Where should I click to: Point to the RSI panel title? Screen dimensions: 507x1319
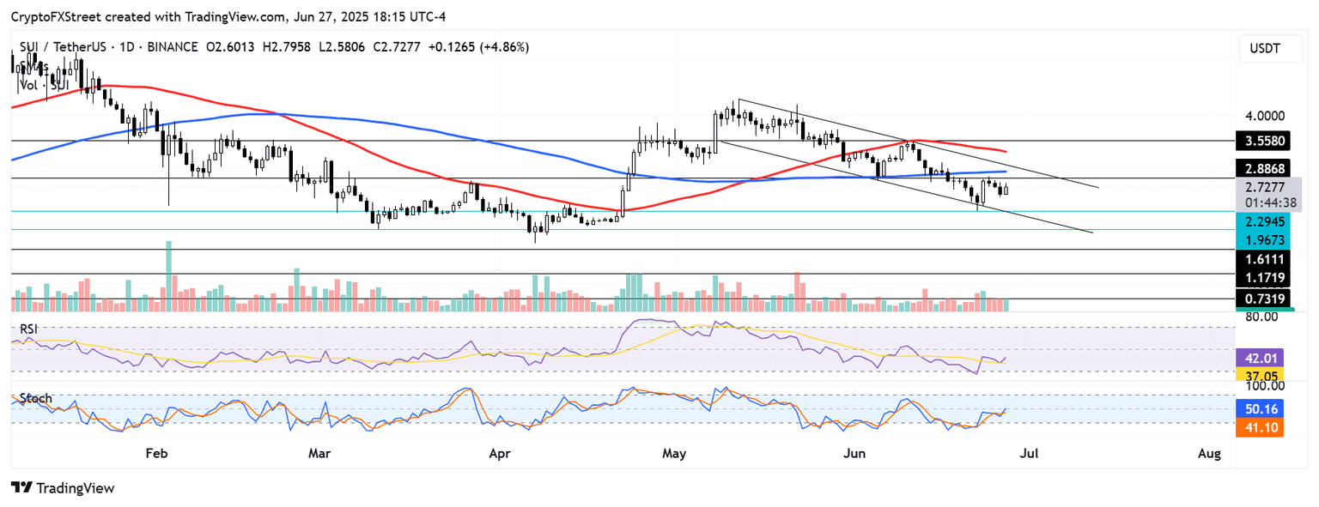30,329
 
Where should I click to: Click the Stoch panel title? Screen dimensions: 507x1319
35,398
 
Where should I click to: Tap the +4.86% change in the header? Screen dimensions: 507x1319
505,46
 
